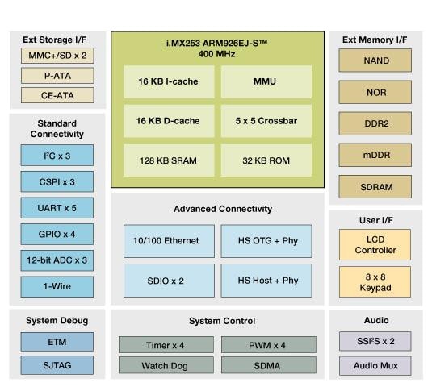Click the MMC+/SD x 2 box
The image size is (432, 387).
tap(57, 56)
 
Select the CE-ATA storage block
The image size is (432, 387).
tap(57, 95)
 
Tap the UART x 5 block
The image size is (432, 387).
tap(57, 208)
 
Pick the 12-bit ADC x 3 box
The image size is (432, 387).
tap(57, 260)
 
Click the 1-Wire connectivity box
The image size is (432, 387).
tap(57, 286)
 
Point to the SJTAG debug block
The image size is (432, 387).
tap(57, 366)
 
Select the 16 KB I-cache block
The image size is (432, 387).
tap(170, 81)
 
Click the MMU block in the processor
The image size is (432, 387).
tap(266, 81)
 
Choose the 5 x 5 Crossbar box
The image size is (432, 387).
tap(266, 120)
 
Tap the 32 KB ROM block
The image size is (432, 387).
tap(266, 159)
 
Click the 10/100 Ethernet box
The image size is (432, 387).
tap(170, 241)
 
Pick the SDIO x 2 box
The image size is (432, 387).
tap(170, 281)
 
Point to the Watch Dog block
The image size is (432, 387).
tap(167, 365)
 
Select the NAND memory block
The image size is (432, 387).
tap(375, 60)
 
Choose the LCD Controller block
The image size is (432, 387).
tap(375, 244)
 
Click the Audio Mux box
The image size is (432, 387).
tap(375, 366)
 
